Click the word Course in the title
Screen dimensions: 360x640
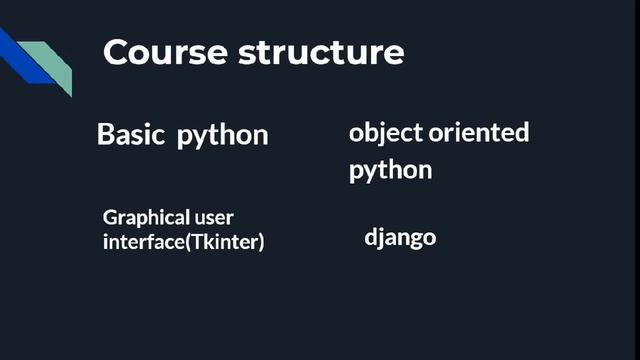[165, 52]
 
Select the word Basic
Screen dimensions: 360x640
[130, 134]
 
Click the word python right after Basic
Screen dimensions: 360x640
[223, 136]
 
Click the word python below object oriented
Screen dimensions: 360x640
[390, 171]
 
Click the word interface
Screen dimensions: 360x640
[138, 242]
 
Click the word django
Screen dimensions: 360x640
[400, 239]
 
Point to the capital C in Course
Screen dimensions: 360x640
[116, 52]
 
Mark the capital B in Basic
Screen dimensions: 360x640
[105, 134]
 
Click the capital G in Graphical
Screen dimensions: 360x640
[109, 217]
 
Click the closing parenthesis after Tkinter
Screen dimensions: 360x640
[261, 242]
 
